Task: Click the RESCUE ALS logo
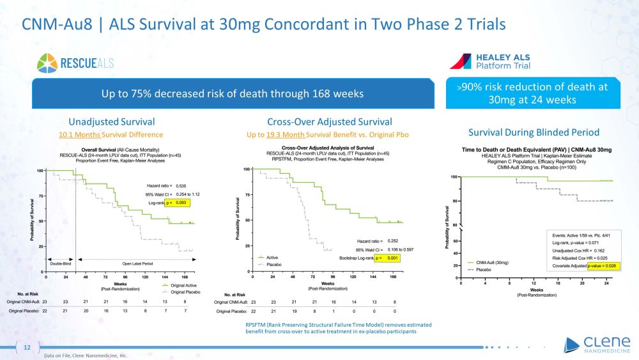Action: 75,63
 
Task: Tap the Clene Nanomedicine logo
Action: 594,346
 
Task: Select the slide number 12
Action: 27,347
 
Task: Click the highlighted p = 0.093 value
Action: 178,203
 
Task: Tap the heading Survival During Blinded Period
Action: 534,132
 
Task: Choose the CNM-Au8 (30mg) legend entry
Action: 493,262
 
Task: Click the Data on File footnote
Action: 86,355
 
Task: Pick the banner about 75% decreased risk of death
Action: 232,93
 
